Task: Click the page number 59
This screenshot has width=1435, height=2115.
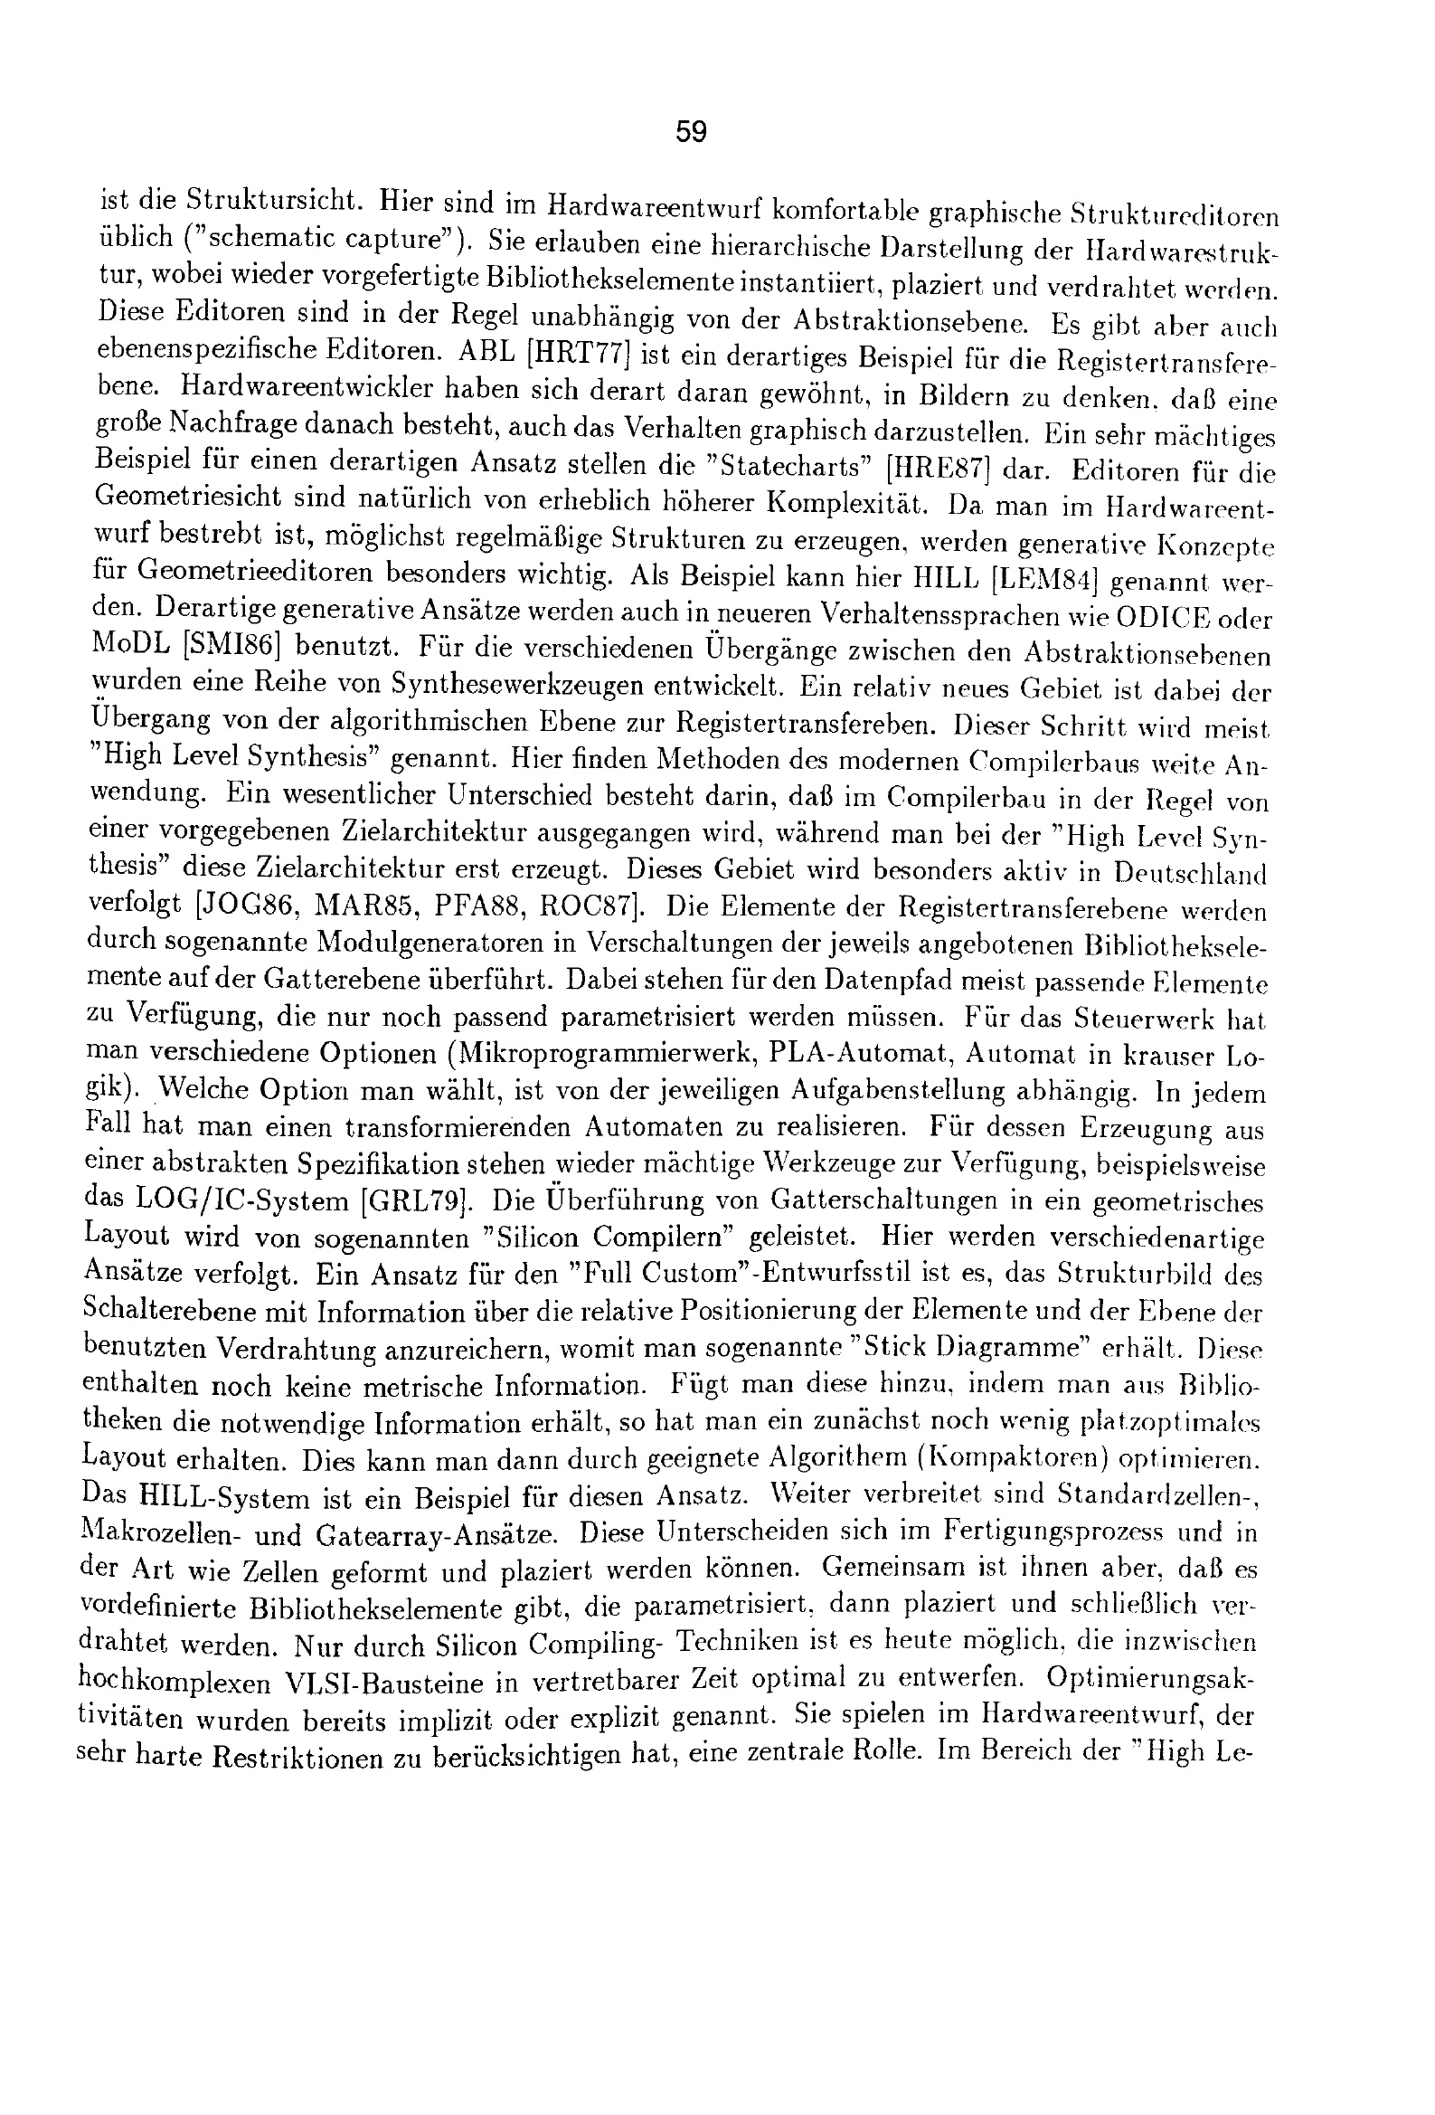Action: tap(691, 133)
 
